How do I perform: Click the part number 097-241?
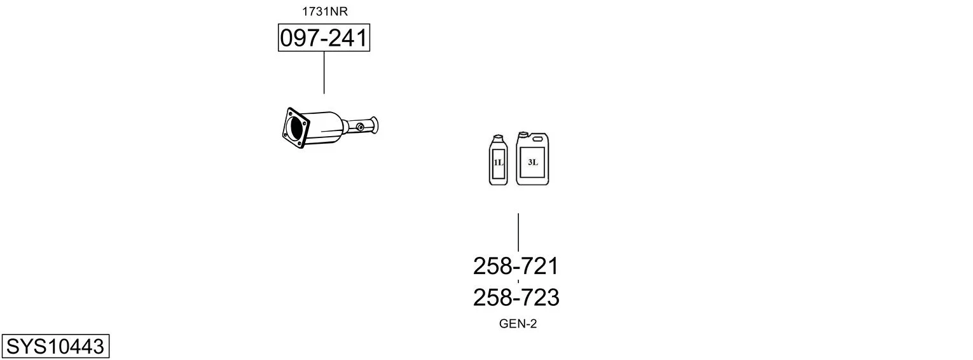point(324,39)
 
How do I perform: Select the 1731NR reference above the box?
point(324,11)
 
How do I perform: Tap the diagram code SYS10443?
point(55,347)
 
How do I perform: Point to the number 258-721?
point(516,266)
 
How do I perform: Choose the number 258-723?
point(516,297)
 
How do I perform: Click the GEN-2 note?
point(518,324)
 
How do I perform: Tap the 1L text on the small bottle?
point(498,163)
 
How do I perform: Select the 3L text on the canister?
point(533,162)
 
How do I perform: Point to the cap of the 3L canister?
point(523,135)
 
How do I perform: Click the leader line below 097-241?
point(324,73)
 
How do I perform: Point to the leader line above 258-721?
point(518,232)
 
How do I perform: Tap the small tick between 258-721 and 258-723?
point(518,281)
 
